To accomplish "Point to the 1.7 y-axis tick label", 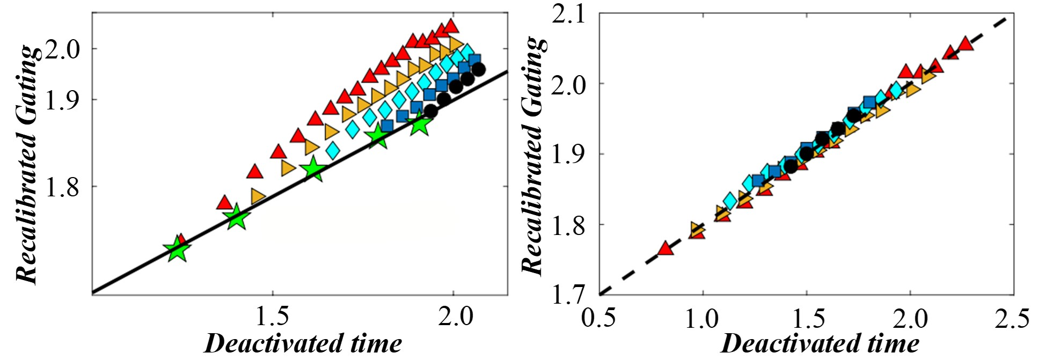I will click(x=570, y=294).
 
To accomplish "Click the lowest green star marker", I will click(x=177, y=249).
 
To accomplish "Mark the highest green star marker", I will click(x=420, y=124).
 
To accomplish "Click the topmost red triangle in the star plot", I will click(x=451, y=25).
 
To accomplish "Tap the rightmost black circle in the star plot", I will click(x=478, y=69).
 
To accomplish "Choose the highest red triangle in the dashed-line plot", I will click(x=965, y=43).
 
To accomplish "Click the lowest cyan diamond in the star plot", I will click(x=333, y=150).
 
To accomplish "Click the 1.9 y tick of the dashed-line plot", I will click(x=570, y=154).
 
